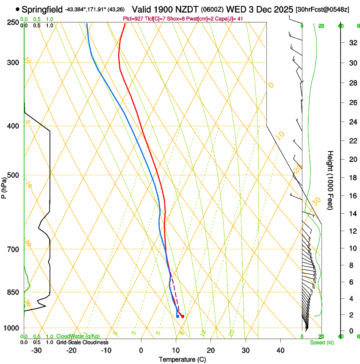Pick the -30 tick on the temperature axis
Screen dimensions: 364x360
click(x=36, y=350)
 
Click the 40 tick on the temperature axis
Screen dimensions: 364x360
click(x=280, y=350)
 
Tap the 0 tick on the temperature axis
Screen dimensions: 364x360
click(x=141, y=350)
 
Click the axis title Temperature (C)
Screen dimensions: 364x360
click(x=182, y=359)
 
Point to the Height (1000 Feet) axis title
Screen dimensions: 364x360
click(x=330, y=180)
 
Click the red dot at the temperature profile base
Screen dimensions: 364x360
click(x=183, y=316)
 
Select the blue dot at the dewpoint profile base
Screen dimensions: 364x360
click(x=177, y=316)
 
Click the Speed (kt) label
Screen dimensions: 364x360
click(x=321, y=342)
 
